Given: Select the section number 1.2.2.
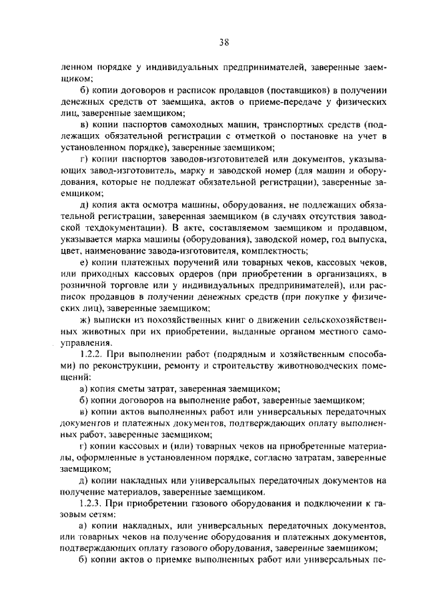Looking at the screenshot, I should pyautogui.click(x=91, y=352).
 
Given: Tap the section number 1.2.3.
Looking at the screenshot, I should pyautogui.click(x=91, y=503).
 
